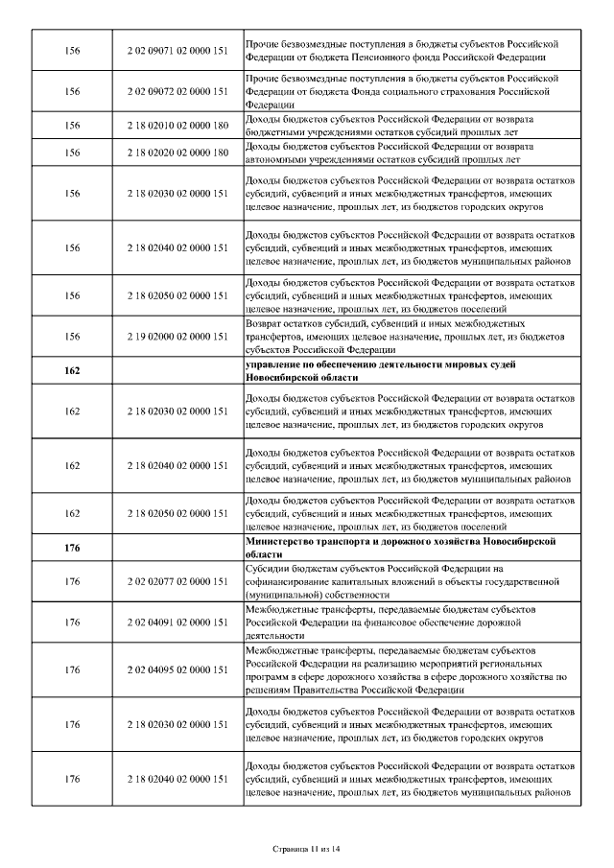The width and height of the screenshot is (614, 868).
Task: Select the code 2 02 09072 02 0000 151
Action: (x=177, y=92)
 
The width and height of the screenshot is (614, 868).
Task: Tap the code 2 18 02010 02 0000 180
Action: (x=177, y=125)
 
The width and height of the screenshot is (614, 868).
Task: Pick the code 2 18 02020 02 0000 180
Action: (x=177, y=152)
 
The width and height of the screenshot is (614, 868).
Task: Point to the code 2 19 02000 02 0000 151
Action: (x=177, y=337)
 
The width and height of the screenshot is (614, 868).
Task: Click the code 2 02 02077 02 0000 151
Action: (x=177, y=581)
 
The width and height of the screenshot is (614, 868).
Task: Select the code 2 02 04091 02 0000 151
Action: (x=177, y=622)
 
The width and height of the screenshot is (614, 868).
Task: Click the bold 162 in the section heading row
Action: (x=72, y=371)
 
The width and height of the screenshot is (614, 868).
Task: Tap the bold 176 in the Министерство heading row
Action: (x=72, y=548)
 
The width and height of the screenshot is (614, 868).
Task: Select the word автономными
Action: (x=277, y=159)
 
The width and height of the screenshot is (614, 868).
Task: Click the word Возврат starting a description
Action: (x=266, y=324)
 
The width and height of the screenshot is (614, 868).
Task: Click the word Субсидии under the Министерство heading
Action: (x=269, y=568)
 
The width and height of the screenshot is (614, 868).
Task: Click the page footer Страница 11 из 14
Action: (x=306, y=848)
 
